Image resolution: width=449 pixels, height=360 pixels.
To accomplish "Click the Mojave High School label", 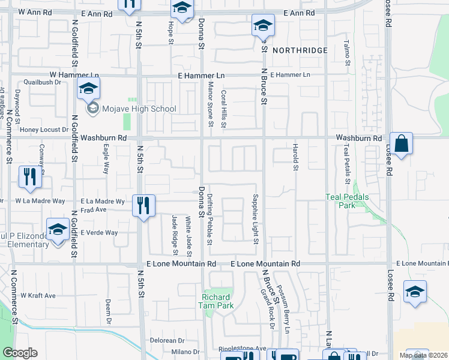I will [138, 109].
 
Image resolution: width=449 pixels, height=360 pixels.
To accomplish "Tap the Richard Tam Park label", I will [215, 301].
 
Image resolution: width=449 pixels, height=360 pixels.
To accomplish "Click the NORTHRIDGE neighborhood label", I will [300, 50].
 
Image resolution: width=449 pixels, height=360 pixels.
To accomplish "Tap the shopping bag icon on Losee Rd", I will [401, 144].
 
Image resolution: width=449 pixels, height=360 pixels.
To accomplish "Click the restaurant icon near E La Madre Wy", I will [143, 205].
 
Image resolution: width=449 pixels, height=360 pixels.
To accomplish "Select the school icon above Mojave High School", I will [89, 89].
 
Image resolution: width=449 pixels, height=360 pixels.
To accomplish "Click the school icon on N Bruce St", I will [262, 26].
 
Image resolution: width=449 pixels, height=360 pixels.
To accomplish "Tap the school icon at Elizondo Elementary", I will [58, 230].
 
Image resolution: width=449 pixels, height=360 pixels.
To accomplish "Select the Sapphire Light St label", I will [255, 219].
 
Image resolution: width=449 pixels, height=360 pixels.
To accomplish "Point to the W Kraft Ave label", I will [38, 295].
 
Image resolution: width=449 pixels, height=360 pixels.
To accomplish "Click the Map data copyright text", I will [423, 355].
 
